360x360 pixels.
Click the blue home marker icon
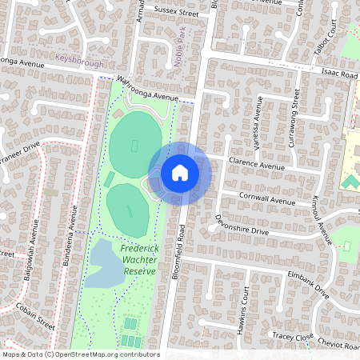click(180, 173)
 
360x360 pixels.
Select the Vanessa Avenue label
click(258, 120)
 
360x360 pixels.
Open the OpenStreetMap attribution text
click(81, 354)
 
